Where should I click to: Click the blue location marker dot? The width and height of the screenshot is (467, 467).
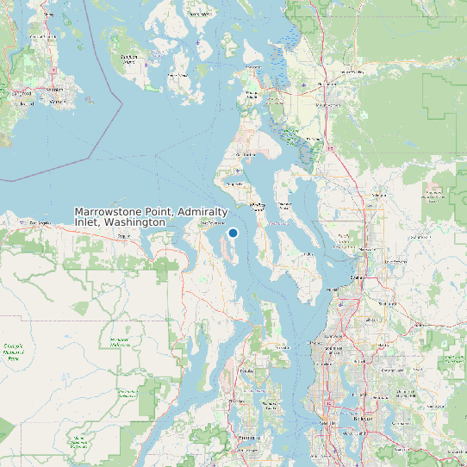click(233, 233)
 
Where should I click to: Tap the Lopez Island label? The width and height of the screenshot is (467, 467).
click(178, 76)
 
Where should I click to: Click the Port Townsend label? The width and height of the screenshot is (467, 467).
click(212, 222)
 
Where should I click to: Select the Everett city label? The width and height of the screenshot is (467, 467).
click(357, 278)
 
